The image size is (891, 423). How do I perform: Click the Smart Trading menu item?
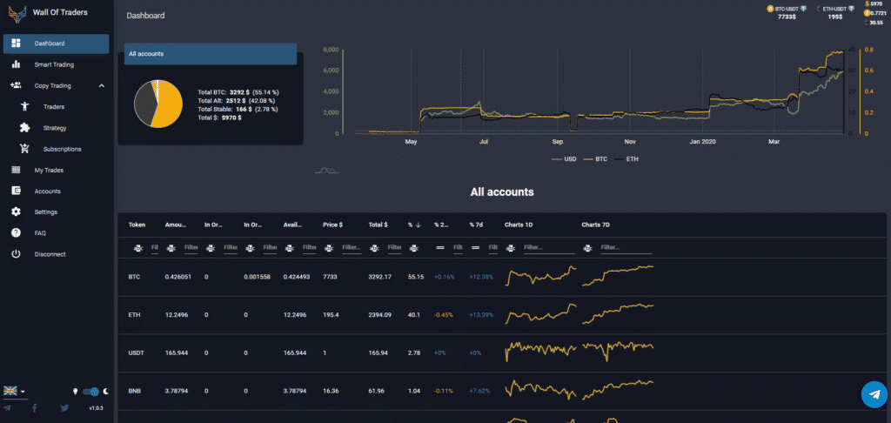coord(54,64)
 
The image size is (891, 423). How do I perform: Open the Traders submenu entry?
coord(54,107)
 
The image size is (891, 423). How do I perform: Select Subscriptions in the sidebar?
coord(62,149)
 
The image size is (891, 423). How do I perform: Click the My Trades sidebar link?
coord(49,170)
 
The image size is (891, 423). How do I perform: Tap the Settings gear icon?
coord(16,212)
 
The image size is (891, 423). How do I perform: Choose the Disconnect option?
coord(50,254)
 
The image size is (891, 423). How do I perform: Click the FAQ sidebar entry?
coord(40,233)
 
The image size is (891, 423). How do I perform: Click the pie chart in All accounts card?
coord(157,104)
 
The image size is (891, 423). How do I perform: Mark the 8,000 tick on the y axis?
coord(331,50)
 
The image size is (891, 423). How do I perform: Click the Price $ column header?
coord(332,225)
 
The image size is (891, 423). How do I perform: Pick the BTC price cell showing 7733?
coord(331,277)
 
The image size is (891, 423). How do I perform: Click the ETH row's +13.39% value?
coord(481,315)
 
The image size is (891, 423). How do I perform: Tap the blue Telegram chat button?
coord(873,394)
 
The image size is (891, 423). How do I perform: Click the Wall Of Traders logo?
coord(16,13)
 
